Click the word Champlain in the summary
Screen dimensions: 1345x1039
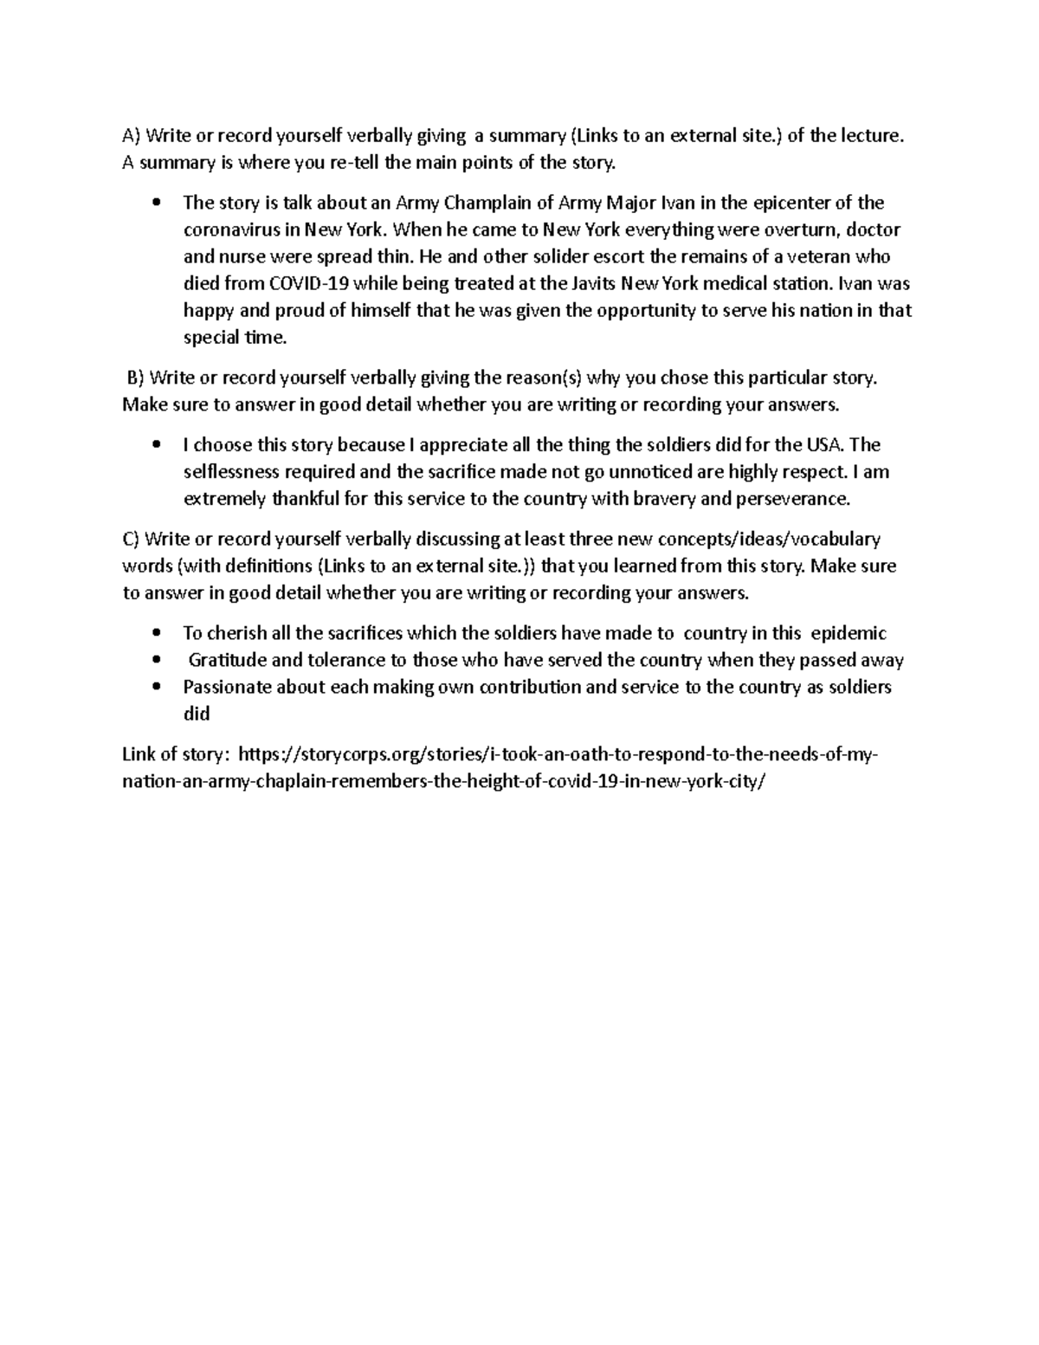[x=482, y=204]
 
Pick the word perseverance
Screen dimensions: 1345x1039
[x=793, y=499]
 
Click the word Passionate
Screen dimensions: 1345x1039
[x=225, y=687]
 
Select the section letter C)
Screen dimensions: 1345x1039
[x=131, y=540]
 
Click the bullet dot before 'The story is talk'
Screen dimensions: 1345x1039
[x=156, y=204]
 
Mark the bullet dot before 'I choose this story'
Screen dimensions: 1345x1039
[x=156, y=446]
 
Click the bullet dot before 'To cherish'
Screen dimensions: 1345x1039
[x=156, y=634]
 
